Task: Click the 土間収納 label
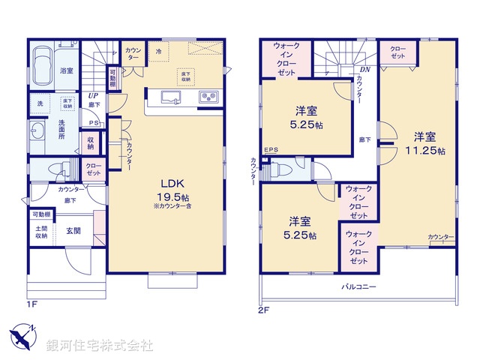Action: point(40,232)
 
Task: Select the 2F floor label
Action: point(263,308)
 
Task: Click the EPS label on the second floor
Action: point(271,149)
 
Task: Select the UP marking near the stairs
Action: point(94,96)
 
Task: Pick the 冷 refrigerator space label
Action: point(159,51)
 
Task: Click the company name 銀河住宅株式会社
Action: point(99,346)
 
